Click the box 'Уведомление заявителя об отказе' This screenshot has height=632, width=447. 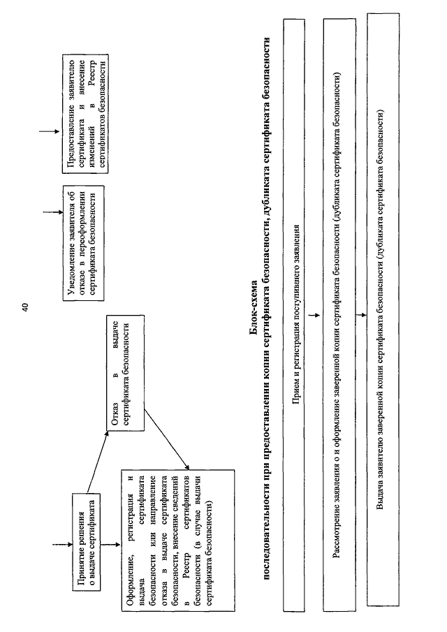(83, 242)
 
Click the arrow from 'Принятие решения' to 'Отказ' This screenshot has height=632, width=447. (97, 462)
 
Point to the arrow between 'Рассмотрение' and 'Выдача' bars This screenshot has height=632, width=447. (362, 314)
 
